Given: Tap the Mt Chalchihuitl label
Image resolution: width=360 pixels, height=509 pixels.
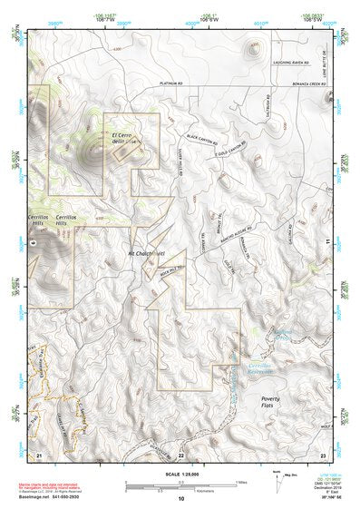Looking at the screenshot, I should coord(145,252).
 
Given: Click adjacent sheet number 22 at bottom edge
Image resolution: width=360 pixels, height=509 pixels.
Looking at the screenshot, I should coord(180,455).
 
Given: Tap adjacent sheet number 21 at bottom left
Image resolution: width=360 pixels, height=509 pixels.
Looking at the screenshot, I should coord(39,454).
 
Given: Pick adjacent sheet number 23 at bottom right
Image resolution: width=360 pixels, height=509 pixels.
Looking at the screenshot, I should coord(322,454).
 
